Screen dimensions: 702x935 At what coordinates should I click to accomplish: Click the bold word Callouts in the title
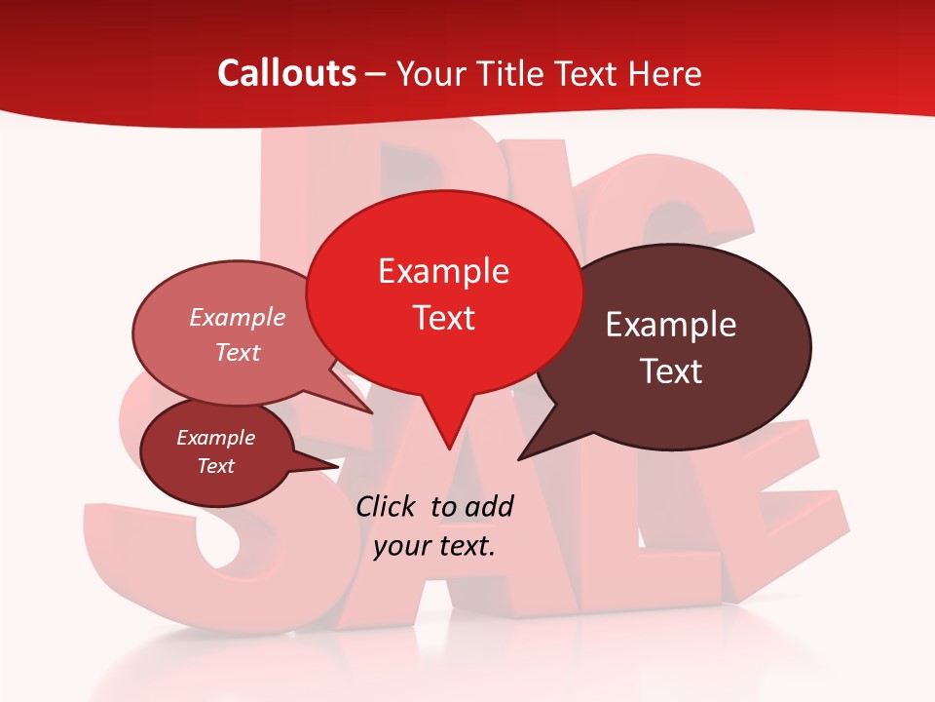pyautogui.click(x=286, y=73)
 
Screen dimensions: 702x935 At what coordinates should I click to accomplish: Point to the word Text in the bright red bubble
pyautogui.click(x=443, y=318)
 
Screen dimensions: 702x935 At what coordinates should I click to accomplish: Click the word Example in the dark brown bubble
pyautogui.click(x=671, y=325)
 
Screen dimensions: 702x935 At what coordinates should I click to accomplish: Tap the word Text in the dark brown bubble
pyautogui.click(x=671, y=371)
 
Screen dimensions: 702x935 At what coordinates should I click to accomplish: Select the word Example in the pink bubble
pyautogui.click(x=238, y=317)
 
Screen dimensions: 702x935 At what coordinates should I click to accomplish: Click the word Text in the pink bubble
pyautogui.click(x=238, y=352)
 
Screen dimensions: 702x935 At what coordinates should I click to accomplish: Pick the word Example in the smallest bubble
pyautogui.click(x=215, y=438)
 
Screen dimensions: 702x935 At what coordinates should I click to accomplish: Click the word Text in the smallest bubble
pyautogui.click(x=215, y=466)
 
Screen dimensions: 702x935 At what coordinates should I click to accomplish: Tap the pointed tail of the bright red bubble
pyautogui.click(x=448, y=444)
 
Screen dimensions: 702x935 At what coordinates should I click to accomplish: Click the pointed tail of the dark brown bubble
pyautogui.click(x=522, y=457)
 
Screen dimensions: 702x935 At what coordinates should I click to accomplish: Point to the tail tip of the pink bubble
pyautogui.click(x=370, y=411)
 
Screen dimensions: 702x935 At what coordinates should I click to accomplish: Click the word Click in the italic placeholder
pyautogui.click(x=387, y=506)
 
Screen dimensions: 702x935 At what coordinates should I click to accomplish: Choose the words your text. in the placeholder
pyautogui.click(x=434, y=546)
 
